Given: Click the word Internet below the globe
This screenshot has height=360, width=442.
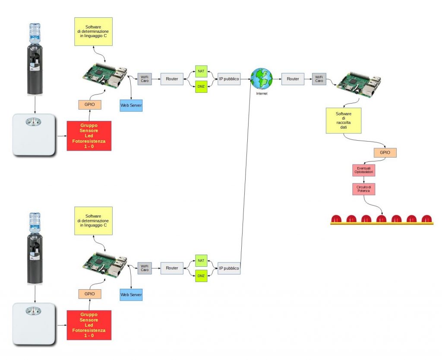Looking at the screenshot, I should [262, 93].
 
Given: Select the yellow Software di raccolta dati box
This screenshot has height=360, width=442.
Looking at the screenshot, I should [344, 120].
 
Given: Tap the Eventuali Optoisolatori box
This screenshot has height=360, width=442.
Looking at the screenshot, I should [365, 170].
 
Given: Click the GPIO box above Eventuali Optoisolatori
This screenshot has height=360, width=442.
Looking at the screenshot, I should [385, 152].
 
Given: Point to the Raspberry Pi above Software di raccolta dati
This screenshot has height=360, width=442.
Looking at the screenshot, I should [359, 85].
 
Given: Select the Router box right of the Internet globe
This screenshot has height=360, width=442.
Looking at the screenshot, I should [293, 79].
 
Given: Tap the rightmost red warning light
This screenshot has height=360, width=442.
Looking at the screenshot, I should [426, 219].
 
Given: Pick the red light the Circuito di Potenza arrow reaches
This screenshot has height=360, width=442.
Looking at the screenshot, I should [381, 219].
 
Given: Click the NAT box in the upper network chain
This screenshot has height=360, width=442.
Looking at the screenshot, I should [201, 70].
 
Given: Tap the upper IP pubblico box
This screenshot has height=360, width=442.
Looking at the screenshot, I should [229, 79].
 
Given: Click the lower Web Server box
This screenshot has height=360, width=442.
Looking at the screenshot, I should [131, 294].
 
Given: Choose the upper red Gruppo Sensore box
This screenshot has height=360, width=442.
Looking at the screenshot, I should [89, 136].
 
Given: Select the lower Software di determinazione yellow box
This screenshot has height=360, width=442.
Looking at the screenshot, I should [93, 220].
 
